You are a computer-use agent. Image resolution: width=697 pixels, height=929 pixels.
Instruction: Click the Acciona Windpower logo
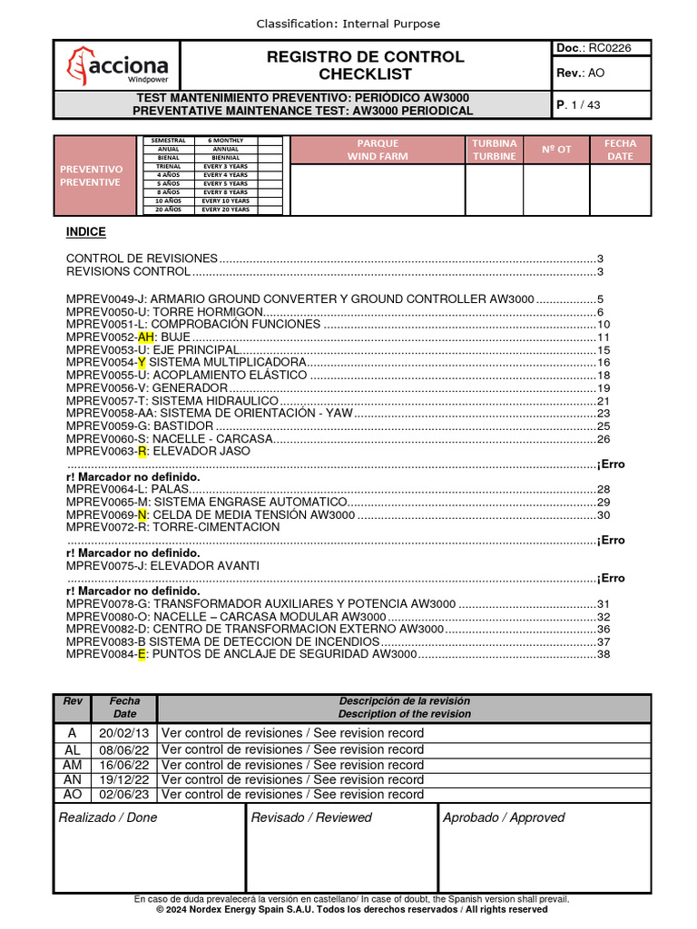117,65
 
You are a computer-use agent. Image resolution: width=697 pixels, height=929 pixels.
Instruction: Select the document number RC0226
612,47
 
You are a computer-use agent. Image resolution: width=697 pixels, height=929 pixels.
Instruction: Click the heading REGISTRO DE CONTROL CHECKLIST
365,65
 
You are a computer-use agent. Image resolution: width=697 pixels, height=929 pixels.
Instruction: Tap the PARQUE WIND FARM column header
378,150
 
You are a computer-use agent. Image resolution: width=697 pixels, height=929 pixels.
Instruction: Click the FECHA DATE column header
620,150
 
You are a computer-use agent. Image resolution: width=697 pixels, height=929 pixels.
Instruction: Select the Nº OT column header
556,150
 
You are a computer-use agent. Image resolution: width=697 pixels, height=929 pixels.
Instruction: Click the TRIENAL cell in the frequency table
168,167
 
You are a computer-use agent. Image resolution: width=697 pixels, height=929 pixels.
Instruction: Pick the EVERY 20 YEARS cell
226,210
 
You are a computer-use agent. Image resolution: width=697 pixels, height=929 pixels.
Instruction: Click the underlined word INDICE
86,232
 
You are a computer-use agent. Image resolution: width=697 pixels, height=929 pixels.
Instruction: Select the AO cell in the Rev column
73,794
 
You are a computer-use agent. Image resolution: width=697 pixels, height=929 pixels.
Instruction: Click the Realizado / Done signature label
108,817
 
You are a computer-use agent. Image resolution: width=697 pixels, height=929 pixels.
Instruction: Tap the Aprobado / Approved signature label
504,817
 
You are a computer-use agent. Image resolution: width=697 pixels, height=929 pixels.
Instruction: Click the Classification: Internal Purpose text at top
348,24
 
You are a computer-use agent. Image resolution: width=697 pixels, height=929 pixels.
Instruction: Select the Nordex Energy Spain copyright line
351,909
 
